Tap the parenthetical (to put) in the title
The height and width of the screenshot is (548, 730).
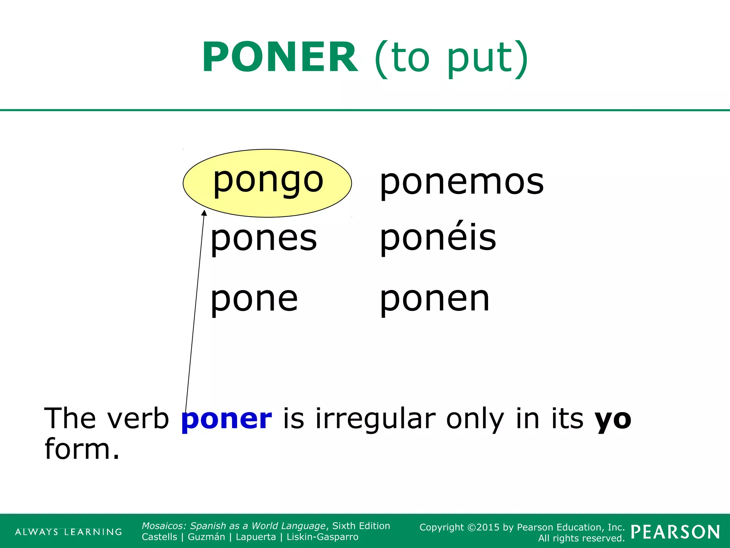[x=451, y=59]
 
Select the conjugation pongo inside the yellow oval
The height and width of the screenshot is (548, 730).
[x=268, y=180]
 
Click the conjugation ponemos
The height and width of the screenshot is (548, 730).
[x=462, y=183]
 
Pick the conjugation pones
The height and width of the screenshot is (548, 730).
[x=264, y=238]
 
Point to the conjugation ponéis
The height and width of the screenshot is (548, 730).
[x=438, y=238]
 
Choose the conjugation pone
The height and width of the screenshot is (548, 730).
[x=254, y=299]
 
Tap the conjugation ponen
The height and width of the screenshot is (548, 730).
[x=435, y=299]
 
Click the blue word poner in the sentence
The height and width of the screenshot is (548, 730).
[x=227, y=419]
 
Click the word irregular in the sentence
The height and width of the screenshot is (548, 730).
[x=375, y=419]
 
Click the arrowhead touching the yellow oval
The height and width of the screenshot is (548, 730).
[x=204, y=213]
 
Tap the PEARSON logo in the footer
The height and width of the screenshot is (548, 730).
[x=675, y=532]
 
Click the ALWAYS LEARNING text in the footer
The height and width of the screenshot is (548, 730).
[x=68, y=532]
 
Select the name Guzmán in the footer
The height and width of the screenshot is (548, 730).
[x=206, y=537]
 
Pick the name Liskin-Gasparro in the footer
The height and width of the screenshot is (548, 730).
[x=322, y=537]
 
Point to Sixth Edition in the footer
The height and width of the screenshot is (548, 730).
[x=361, y=526]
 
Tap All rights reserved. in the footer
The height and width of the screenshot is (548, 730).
[x=581, y=538]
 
